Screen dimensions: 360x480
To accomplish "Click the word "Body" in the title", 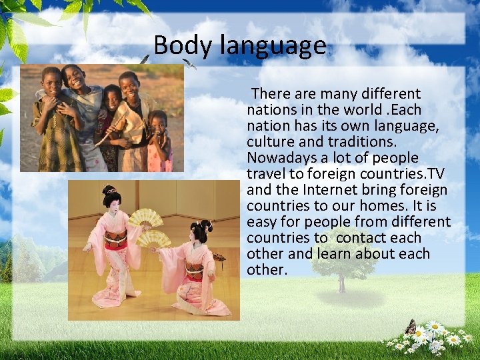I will click(175, 46).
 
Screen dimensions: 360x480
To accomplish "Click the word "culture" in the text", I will click(271, 142).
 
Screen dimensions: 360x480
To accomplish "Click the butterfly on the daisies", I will click(411, 327).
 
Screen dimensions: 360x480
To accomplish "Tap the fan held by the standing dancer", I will click(145, 218).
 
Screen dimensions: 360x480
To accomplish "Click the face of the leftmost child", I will click(52, 78).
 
